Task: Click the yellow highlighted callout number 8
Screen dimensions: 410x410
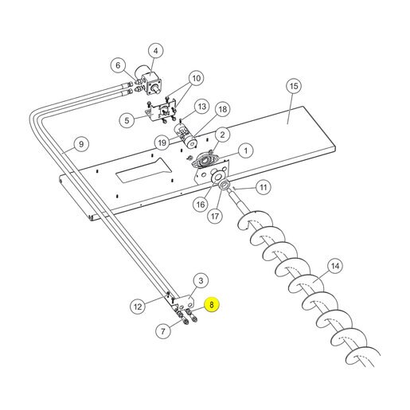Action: [x=212, y=305]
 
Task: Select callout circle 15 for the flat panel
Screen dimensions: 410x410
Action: [x=294, y=86]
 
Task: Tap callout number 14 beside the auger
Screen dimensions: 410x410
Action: [x=335, y=266]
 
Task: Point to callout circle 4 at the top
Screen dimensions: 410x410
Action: [x=155, y=51]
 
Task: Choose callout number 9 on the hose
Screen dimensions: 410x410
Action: [x=81, y=144]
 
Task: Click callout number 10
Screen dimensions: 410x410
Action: [x=197, y=78]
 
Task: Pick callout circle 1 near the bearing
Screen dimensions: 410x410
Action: [x=246, y=150]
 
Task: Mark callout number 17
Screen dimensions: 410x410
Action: [x=215, y=217]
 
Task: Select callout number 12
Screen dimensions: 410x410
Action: [x=138, y=307]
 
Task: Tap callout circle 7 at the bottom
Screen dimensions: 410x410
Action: [x=163, y=330]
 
